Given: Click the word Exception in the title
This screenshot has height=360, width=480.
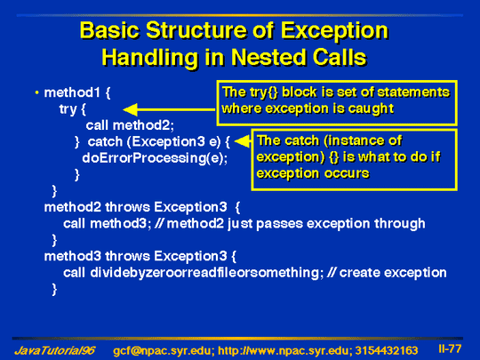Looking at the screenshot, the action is pyautogui.click(x=334, y=31).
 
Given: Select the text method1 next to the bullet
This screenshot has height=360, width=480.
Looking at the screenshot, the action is pyautogui.click(x=72, y=92).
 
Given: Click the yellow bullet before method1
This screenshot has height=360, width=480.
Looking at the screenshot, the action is pyautogui.click(x=37, y=92).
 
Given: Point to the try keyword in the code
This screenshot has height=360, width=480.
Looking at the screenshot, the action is pyautogui.click(x=68, y=109).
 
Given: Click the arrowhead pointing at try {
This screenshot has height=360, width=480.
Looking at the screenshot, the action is pyautogui.click(x=130, y=109).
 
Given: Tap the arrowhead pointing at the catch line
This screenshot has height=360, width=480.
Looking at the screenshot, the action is pyautogui.click(x=242, y=141).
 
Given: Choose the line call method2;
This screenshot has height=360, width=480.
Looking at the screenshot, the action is pyautogui.click(x=130, y=125).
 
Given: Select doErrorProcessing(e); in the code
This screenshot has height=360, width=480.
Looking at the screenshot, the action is pyautogui.click(x=155, y=158).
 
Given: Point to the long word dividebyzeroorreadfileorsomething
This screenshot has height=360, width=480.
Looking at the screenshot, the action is pyautogui.click(x=206, y=273).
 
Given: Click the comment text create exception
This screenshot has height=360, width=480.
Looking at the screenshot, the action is pyautogui.click(x=393, y=273).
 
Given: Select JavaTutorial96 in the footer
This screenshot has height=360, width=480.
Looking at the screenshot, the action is pyautogui.click(x=55, y=350).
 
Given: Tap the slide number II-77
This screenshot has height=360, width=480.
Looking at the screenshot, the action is pyautogui.click(x=450, y=348).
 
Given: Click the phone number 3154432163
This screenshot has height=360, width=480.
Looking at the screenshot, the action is pyautogui.click(x=387, y=350).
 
